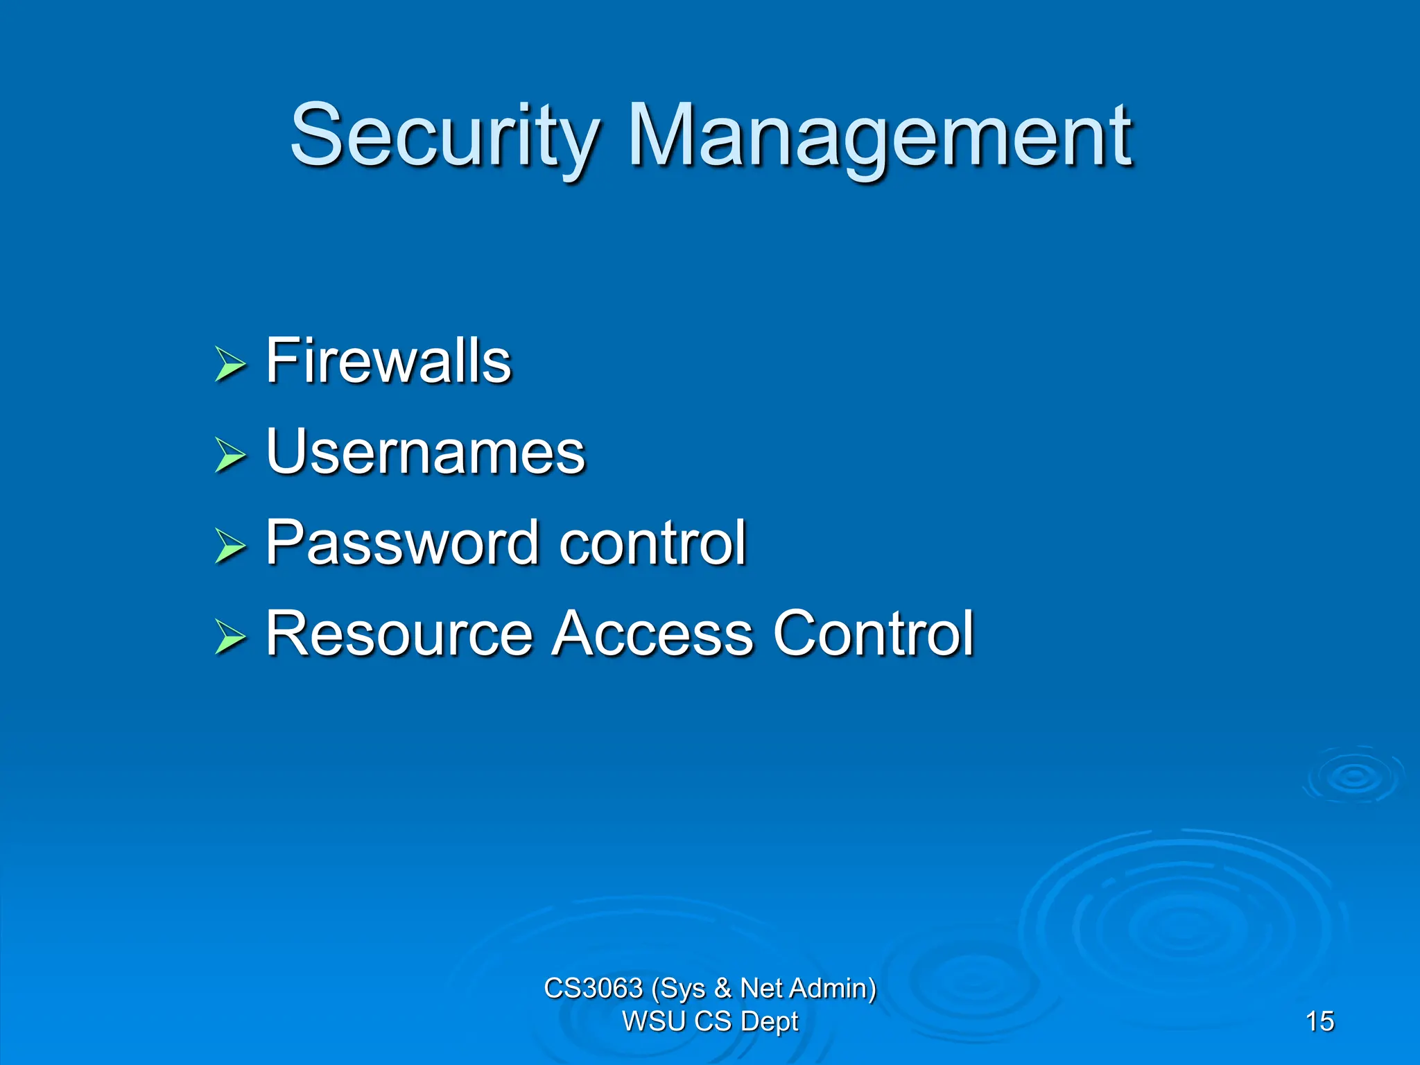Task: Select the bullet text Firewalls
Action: [388, 361]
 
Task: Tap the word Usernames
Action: [425, 451]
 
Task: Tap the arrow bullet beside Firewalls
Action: [230, 364]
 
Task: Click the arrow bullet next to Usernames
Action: [230, 455]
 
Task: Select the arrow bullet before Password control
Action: [230, 546]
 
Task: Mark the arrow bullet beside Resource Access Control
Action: [230, 637]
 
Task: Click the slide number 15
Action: [1319, 1021]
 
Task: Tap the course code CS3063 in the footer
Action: [593, 988]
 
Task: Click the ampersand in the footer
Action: [722, 988]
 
